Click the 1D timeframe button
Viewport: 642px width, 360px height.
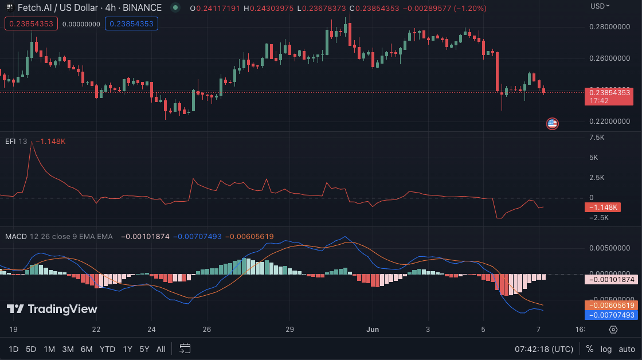14,349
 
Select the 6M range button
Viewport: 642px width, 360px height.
87,349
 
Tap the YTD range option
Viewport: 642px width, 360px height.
107,349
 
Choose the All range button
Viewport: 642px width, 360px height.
161,349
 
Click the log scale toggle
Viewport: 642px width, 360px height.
606,349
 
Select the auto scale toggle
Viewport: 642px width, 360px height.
627,349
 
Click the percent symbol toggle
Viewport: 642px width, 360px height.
590,349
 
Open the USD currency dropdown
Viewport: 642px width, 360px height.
600,6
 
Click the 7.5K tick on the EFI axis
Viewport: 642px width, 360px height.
596,138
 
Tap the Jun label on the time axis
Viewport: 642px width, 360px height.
373,330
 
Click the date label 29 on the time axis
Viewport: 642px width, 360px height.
289,330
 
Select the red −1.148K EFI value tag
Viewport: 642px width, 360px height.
602,207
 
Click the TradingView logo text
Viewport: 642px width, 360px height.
52,310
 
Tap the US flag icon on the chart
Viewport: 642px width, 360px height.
552,123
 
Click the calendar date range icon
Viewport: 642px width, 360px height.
185,349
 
